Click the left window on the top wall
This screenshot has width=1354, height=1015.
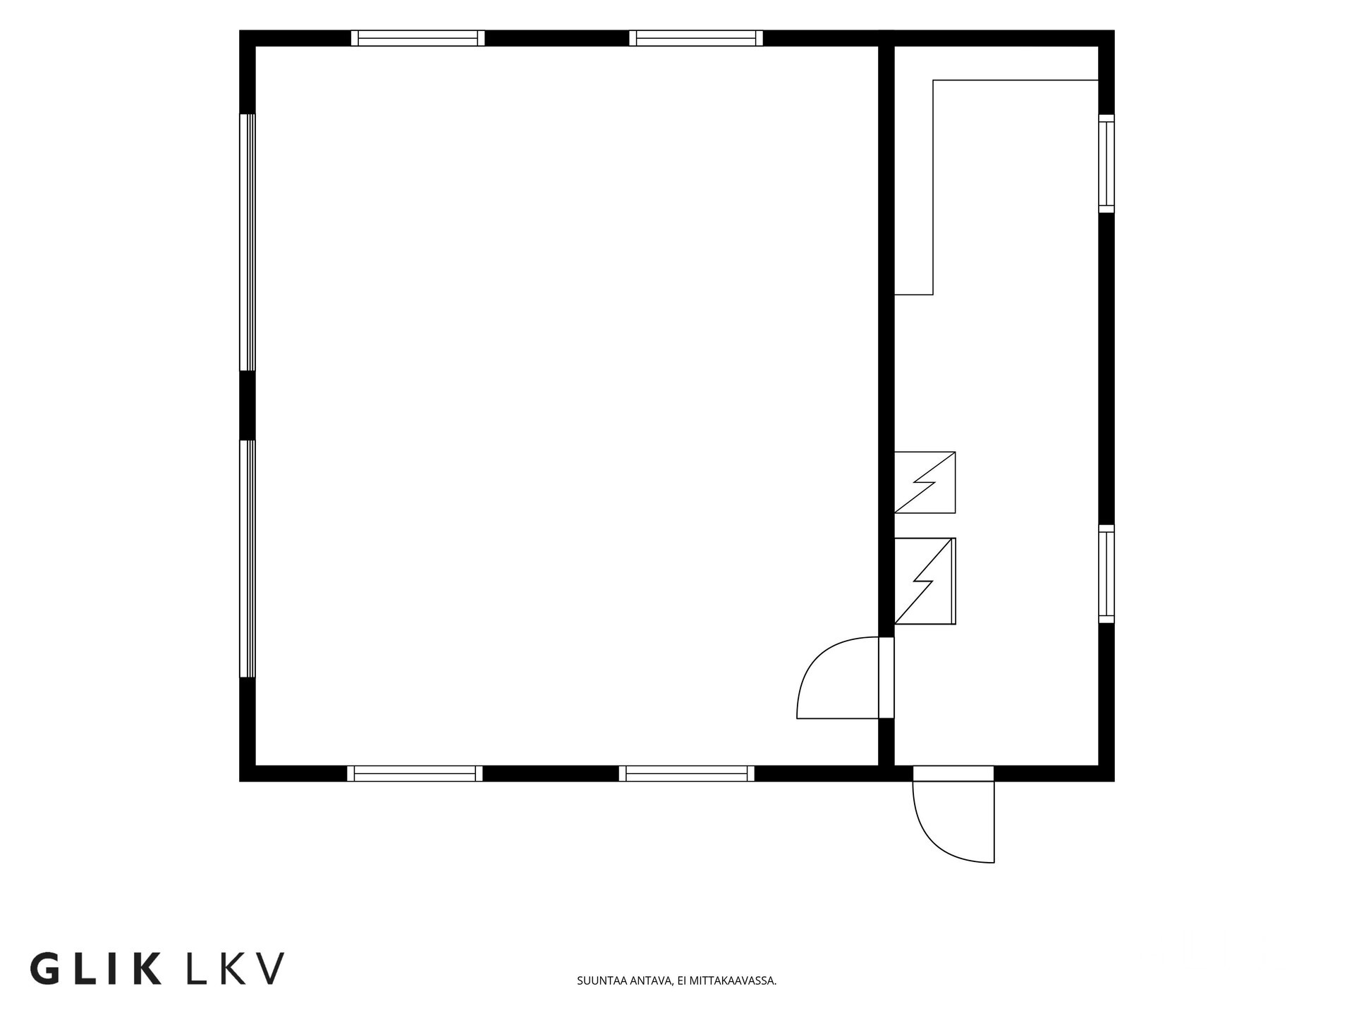(x=418, y=38)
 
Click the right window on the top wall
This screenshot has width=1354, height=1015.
(x=696, y=38)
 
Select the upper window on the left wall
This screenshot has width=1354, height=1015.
(x=248, y=242)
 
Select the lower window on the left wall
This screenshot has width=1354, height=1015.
(x=248, y=559)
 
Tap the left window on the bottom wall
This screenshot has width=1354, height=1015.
(x=415, y=773)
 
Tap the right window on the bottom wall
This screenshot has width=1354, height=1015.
(x=687, y=773)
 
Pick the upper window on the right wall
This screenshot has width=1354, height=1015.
(x=1106, y=164)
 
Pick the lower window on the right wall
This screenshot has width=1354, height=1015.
(x=1106, y=574)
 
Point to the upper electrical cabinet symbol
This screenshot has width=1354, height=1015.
(x=925, y=482)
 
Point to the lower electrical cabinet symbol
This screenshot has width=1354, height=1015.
(x=925, y=581)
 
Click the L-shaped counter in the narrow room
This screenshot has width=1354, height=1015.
(x=933, y=187)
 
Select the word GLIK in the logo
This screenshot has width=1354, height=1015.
(x=96, y=968)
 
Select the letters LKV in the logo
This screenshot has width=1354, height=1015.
(x=236, y=968)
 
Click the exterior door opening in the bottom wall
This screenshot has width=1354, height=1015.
(x=953, y=774)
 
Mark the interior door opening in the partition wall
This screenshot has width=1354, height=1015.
(x=886, y=678)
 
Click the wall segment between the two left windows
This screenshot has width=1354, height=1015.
(x=248, y=406)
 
